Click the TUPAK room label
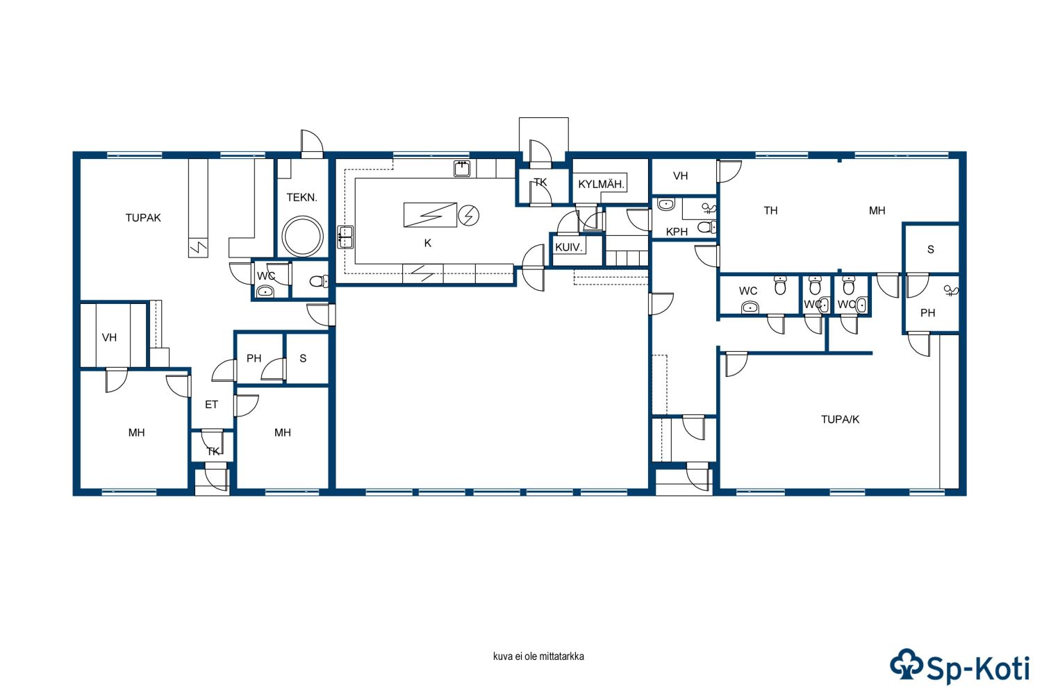tap(143, 217)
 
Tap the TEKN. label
tap(302, 198)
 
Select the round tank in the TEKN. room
tap(302, 237)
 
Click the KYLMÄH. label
tap(601, 184)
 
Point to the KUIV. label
tap(569, 247)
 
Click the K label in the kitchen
tap(427, 243)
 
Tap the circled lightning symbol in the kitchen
tap(469, 216)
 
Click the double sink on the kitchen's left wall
tap(345, 237)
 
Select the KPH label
tap(677, 232)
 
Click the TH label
tap(771, 210)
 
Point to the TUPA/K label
tap(840, 419)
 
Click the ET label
tap(212, 405)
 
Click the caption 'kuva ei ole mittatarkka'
tap(538, 657)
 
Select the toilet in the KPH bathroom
tap(707, 228)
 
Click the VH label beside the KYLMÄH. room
tap(681, 176)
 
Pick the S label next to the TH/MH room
tap(930, 249)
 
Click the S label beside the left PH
tap(303, 358)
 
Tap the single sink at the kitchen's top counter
tap(462, 169)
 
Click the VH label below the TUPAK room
tap(109, 337)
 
